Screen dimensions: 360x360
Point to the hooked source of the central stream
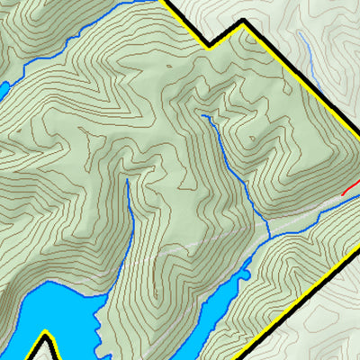[205, 116]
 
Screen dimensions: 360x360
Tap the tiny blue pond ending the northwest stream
[3, 88]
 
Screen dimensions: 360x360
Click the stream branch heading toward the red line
[315, 216]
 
